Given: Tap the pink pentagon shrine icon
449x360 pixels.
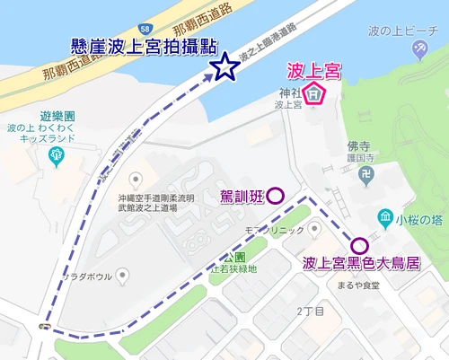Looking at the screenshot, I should pos(313,92).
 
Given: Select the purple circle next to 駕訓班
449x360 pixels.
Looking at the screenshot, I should pos(276,195).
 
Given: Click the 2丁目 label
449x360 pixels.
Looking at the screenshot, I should pos(310,311).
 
